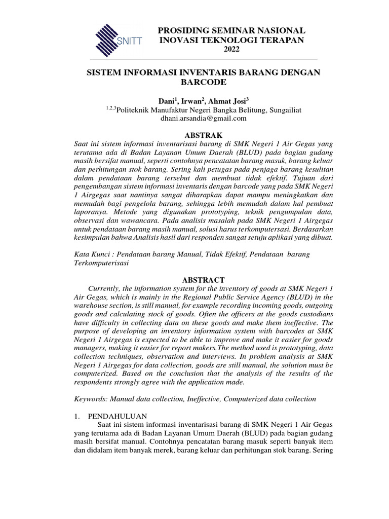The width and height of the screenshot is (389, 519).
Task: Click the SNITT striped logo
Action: point(118,38)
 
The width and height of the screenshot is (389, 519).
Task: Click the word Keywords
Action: point(90,399)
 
